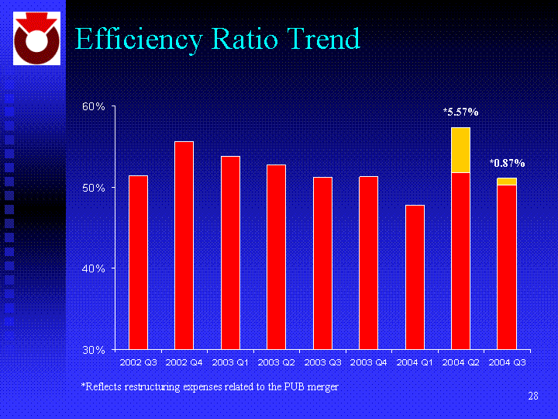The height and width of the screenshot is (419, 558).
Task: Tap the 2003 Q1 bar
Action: tap(230, 253)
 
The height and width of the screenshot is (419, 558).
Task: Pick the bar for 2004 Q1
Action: tap(415, 277)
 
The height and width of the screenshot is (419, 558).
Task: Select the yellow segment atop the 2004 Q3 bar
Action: tap(507, 182)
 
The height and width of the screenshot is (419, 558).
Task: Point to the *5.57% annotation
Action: tap(460, 113)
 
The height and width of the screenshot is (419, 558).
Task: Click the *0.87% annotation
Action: tap(507, 164)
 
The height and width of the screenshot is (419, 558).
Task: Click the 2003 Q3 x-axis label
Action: tap(322, 362)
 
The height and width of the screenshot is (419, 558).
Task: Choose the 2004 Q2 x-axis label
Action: tap(460, 362)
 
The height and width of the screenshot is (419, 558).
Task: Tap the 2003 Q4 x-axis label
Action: tap(368, 362)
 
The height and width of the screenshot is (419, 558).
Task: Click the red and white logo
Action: tap(33, 39)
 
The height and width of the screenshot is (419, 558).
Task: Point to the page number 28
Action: tap(532, 397)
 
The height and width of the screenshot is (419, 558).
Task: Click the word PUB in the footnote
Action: tap(291, 386)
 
